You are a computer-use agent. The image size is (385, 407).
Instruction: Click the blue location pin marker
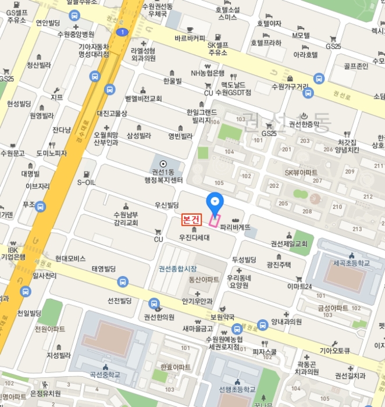(x=215, y=202)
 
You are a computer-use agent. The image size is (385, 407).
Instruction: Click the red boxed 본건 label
(x=191, y=220)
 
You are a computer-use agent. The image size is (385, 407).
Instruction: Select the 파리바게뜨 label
(x=235, y=227)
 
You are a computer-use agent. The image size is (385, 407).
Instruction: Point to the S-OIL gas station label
(x=86, y=181)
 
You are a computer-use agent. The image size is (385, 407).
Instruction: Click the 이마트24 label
(x=300, y=287)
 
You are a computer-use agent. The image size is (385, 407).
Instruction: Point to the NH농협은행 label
(x=208, y=73)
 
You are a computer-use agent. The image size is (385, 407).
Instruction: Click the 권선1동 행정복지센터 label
(x=163, y=175)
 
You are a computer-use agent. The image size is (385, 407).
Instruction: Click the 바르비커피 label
(x=190, y=38)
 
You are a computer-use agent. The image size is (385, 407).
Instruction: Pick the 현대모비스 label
(x=70, y=258)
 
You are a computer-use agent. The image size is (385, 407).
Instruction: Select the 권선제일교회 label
(x=288, y=244)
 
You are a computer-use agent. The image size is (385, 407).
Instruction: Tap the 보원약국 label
(x=222, y=317)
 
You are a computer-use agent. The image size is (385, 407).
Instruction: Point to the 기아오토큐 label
(x=334, y=351)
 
